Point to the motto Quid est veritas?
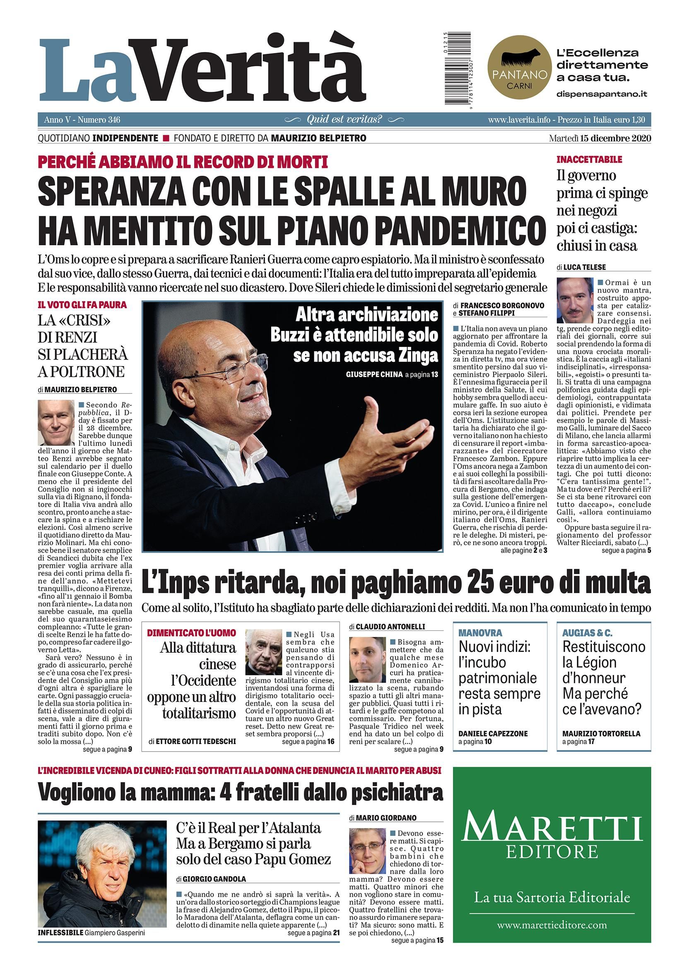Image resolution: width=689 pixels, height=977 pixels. click(x=344, y=120)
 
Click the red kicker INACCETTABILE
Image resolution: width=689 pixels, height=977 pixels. click(x=589, y=160)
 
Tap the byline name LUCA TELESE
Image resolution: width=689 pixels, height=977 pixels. click(x=584, y=267)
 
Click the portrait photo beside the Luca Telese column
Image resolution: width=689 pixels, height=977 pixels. click(x=575, y=300)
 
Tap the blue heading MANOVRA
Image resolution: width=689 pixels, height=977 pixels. click(x=480, y=633)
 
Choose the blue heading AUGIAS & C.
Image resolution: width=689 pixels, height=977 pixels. click(x=587, y=633)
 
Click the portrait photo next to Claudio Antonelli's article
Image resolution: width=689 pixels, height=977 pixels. click(x=367, y=660)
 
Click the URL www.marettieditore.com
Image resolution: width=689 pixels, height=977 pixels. click(x=552, y=924)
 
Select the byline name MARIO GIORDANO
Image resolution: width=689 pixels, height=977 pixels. click(x=386, y=818)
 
